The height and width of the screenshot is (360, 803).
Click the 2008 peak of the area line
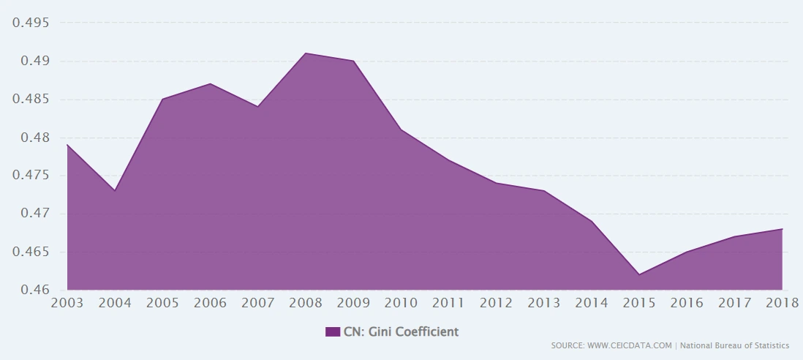tap(306, 53)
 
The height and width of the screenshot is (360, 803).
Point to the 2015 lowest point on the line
tap(639, 274)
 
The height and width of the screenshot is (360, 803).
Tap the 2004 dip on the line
tap(115, 190)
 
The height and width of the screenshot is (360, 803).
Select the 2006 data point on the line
tap(211, 83)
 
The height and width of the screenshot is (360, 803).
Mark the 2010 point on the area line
tap(401, 130)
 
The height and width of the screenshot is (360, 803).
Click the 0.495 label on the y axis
tap(31, 23)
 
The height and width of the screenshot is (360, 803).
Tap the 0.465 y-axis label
tap(31, 252)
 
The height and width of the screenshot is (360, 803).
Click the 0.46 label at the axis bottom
tap(34, 290)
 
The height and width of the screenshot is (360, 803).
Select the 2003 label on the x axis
tap(67, 303)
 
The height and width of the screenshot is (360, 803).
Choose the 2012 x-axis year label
tap(496, 303)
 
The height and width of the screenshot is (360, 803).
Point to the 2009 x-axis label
tap(353, 303)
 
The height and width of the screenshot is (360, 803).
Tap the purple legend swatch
tap(333, 331)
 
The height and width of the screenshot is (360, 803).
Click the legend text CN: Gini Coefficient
tap(401, 331)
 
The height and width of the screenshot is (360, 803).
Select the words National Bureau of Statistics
tap(734, 345)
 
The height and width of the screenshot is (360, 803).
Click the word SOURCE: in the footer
tap(568, 345)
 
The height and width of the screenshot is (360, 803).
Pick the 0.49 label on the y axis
tap(34, 61)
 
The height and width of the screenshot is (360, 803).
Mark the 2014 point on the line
tap(592, 221)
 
